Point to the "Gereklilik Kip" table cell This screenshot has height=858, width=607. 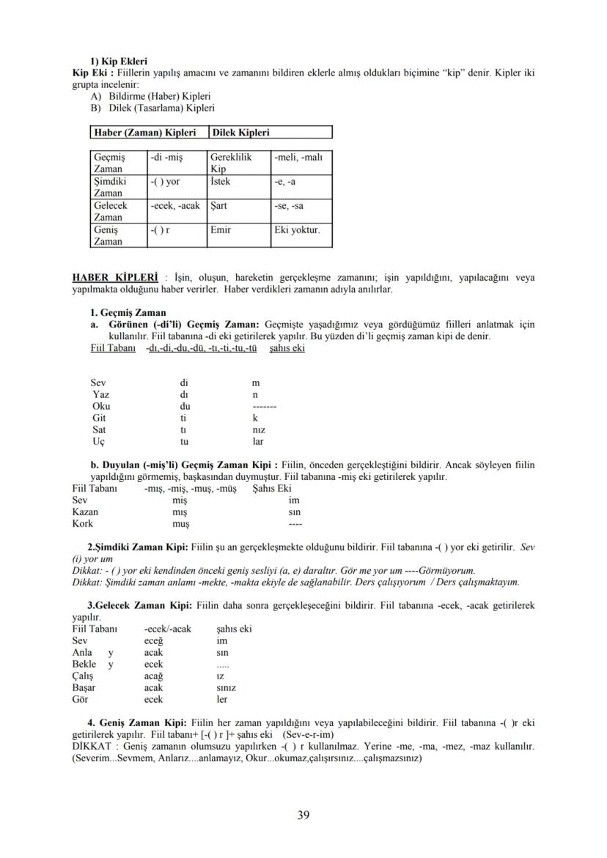tap(230, 163)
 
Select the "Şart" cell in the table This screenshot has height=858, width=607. tap(219, 206)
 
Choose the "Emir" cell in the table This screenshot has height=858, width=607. tap(221, 230)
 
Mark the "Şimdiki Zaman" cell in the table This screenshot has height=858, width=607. tap(110, 187)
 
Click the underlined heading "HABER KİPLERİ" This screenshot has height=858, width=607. tap(115, 278)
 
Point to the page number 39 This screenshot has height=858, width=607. tap(303, 816)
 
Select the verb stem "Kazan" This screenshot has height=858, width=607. tap(85, 512)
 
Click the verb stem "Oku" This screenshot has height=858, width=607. tap(101, 406)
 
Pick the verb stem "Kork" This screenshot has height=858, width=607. tap(83, 524)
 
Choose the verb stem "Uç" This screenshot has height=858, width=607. tap(99, 442)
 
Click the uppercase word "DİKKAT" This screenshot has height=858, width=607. tap(91, 747)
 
